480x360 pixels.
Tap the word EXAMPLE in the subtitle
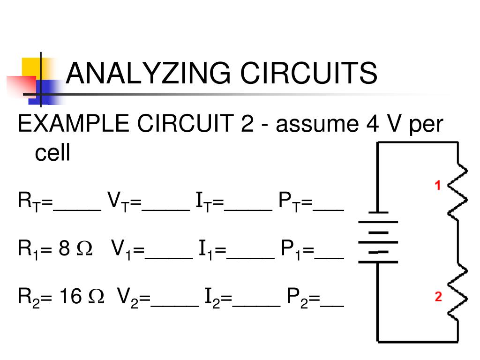[x=74, y=123]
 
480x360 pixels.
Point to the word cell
[x=52, y=152]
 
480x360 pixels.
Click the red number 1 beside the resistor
[x=438, y=185]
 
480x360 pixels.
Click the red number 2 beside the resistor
[x=438, y=296]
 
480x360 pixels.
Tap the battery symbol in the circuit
[x=378, y=237]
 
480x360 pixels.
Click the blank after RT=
[x=77, y=210]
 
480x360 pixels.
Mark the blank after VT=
[x=165, y=210]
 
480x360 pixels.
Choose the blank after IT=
[x=248, y=210]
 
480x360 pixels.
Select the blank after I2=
[x=256, y=306]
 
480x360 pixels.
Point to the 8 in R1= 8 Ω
[x=64, y=248]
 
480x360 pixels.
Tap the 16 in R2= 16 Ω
[x=70, y=296]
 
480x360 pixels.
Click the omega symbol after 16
[x=96, y=296]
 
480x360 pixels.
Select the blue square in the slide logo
[x=46, y=92]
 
